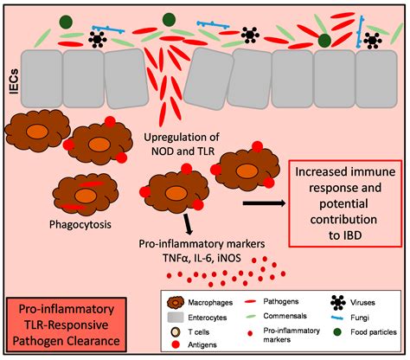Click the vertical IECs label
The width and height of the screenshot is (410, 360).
tap(14, 81)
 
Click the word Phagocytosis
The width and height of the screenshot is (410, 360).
tap(80, 224)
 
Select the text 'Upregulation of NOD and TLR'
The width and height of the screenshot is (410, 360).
tap(182, 144)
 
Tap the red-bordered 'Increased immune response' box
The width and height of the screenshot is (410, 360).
tap(345, 203)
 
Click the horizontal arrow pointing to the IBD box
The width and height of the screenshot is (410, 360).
tap(265, 203)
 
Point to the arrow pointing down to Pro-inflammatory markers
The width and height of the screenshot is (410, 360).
tap(188, 223)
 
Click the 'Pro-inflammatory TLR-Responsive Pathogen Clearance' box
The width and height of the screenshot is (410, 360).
tap(67, 325)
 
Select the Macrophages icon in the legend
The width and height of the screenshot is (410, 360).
tap(176, 302)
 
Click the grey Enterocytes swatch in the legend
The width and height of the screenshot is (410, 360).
tap(176, 318)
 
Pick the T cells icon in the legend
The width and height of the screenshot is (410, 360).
tap(176, 332)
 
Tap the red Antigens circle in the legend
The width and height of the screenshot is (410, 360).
tap(176, 344)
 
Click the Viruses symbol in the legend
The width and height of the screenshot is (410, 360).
tap(338, 302)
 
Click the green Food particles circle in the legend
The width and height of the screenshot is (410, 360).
tap(337, 332)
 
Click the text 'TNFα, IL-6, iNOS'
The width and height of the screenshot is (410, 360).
tap(202, 258)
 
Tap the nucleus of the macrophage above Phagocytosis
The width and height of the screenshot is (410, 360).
tap(85, 196)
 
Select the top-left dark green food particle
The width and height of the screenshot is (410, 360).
tap(66, 22)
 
